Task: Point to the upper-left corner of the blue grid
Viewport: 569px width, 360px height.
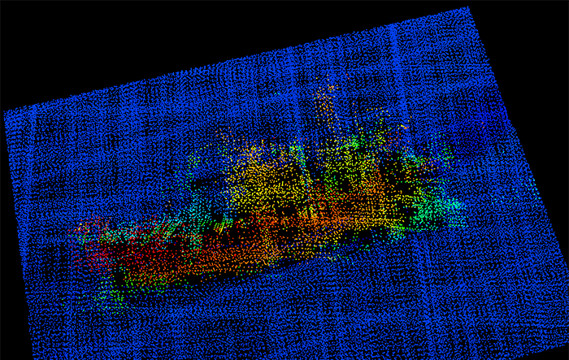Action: pos(5,112)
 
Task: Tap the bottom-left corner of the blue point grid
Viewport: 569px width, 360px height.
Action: pos(33,357)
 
